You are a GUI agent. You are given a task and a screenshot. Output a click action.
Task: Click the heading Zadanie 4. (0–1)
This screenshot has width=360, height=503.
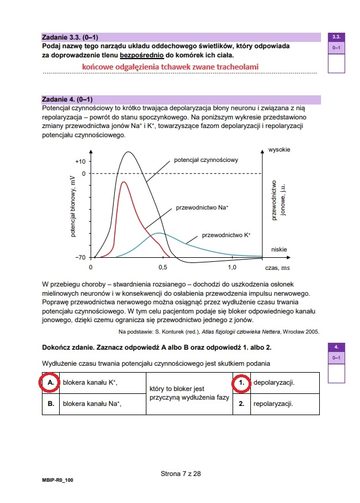click(x=68, y=99)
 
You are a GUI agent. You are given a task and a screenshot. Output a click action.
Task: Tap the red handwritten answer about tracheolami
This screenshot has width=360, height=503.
click(x=170, y=67)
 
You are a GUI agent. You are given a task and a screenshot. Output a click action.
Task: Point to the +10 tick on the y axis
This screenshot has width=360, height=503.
click(x=80, y=162)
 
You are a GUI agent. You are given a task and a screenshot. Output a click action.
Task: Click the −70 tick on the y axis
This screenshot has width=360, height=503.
click(x=80, y=257)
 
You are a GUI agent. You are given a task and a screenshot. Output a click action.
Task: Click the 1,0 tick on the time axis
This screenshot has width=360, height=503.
click(x=232, y=268)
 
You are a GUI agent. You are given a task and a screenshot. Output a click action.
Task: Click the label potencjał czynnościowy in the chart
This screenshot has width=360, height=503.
click(x=206, y=160)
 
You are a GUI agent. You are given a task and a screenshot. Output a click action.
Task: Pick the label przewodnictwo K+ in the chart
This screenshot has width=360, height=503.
click(x=226, y=235)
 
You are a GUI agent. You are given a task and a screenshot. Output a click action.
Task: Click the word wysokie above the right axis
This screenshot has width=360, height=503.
click(x=279, y=150)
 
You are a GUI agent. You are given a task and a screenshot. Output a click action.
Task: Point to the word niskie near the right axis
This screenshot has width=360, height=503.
click(x=279, y=250)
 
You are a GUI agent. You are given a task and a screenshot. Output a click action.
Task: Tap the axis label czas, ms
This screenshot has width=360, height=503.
click(x=277, y=268)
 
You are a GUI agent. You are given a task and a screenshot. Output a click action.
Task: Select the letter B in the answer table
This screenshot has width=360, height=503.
click(x=51, y=403)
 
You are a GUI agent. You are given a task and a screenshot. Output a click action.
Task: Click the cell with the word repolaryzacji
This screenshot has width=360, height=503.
click(x=273, y=403)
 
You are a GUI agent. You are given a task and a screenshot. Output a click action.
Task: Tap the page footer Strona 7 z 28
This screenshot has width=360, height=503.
click(x=180, y=474)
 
